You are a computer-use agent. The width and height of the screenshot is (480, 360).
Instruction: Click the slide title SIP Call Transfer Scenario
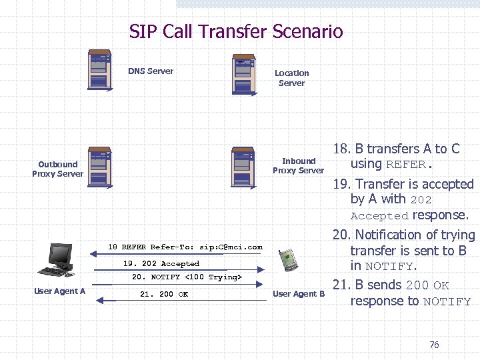(x=236, y=31)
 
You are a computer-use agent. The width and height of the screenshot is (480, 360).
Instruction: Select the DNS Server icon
(x=99, y=70)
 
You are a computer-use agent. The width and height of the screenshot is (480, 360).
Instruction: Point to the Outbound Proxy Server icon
(x=99, y=166)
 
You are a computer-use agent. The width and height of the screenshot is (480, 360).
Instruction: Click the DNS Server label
(x=151, y=71)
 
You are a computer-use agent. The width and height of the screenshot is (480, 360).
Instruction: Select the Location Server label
(x=291, y=78)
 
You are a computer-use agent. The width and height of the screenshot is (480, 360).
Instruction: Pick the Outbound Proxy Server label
(x=57, y=169)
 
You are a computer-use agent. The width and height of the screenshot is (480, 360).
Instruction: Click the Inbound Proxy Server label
(x=298, y=165)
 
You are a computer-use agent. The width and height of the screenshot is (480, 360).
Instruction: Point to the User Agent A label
(x=59, y=291)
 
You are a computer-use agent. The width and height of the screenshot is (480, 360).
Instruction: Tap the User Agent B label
(x=299, y=294)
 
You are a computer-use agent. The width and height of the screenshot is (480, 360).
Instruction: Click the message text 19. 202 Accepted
(x=161, y=264)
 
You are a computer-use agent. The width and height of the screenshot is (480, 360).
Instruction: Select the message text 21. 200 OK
(x=164, y=294)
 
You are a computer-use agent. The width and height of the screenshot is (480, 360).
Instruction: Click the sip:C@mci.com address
(x=231, y=247)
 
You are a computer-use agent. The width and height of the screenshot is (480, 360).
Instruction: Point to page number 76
(x=434, y=345)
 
